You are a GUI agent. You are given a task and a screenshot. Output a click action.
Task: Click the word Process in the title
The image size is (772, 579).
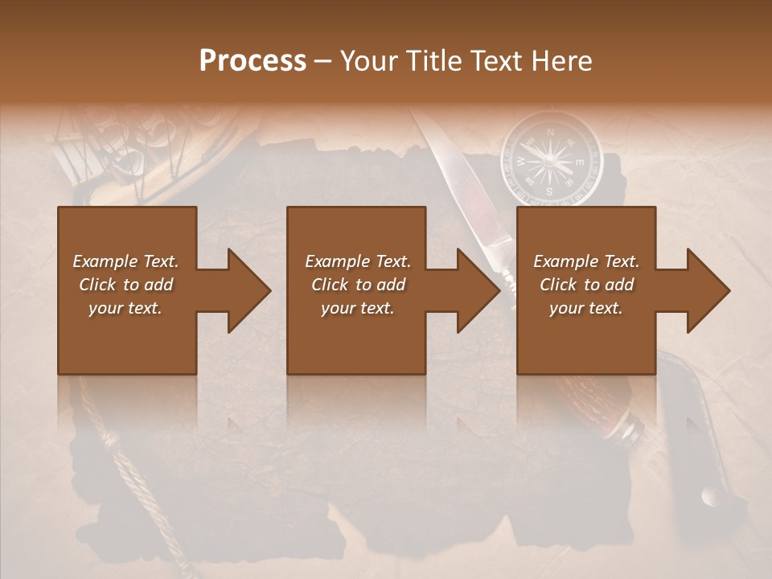coord(253,61)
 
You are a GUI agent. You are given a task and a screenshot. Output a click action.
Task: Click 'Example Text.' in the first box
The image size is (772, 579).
coord(125,261)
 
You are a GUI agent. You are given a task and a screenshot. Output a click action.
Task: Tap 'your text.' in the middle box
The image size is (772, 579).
coord(357,308)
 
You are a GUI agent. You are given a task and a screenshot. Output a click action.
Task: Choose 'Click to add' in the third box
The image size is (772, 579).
coord(586,285)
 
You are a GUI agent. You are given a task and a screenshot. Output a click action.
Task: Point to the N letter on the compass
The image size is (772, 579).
coord(551,131)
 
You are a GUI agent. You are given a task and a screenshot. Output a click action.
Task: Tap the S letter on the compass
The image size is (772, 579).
coord(550,191)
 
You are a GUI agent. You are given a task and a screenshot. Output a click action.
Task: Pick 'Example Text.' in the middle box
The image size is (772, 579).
coord(357,261)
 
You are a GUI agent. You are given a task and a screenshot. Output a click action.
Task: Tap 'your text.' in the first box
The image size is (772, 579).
coord(125,308)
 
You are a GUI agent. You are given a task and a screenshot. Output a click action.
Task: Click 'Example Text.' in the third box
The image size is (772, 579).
coord(586,261)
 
